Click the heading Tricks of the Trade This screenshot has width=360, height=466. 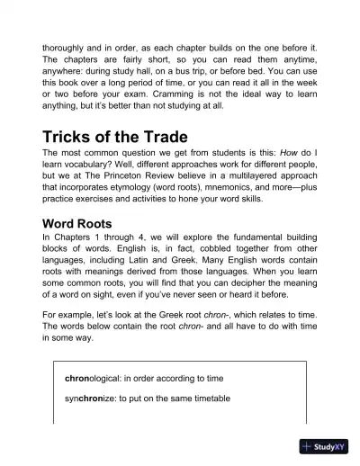(114, 138)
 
